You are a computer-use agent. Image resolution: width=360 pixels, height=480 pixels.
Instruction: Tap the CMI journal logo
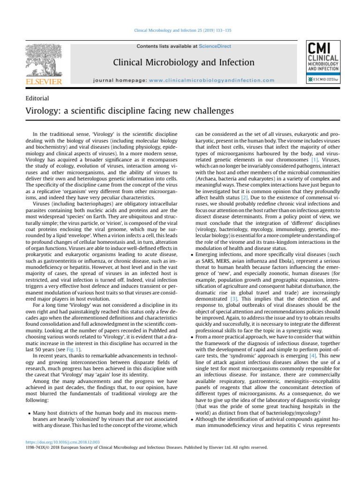(x=320, y=56)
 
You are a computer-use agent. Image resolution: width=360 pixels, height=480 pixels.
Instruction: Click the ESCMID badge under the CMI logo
(x=320, y=80)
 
